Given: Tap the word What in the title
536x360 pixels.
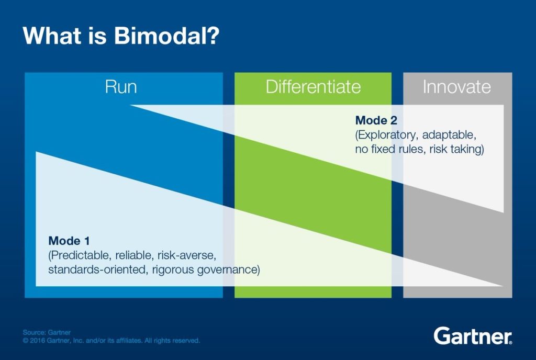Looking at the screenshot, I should pos(51,37).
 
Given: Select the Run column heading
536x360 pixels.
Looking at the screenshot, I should pos(121,86).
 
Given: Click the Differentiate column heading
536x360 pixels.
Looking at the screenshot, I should pos(313,86).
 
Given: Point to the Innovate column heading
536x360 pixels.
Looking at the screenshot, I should pos(456,86).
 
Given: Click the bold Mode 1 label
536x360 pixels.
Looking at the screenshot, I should pos(69,241).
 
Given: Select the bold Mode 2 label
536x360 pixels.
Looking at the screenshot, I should pos(376,121).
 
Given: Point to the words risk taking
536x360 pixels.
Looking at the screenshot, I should pos(455,150).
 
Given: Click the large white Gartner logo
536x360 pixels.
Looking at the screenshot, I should pos(473,335).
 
